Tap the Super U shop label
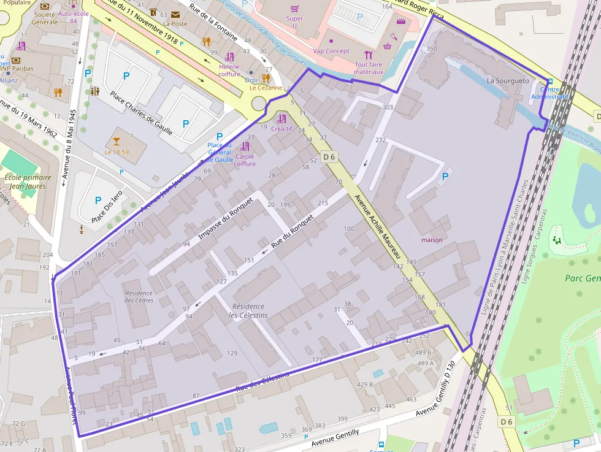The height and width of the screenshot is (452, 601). click(x=294, y=22)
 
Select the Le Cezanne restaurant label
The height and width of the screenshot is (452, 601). click(x=266, y=88)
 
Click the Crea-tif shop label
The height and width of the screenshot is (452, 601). click(x=281, y=129)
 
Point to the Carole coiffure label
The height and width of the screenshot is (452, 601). click(x=245, y=160)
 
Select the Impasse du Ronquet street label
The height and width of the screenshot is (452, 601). click(x=226, y=219)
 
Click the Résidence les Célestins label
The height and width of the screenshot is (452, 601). click(x=248, y=310)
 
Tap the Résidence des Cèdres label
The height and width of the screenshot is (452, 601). click(x=139, y=296)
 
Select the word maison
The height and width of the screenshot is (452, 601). click(x=432, y=240)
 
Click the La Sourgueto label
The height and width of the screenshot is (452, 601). click(x=507, y=80)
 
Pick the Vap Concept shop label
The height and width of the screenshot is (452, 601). click(x=331, y=51)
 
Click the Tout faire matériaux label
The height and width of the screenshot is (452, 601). click(x=369, y=68)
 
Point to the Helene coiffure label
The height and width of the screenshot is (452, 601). click(x=229, y=70)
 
